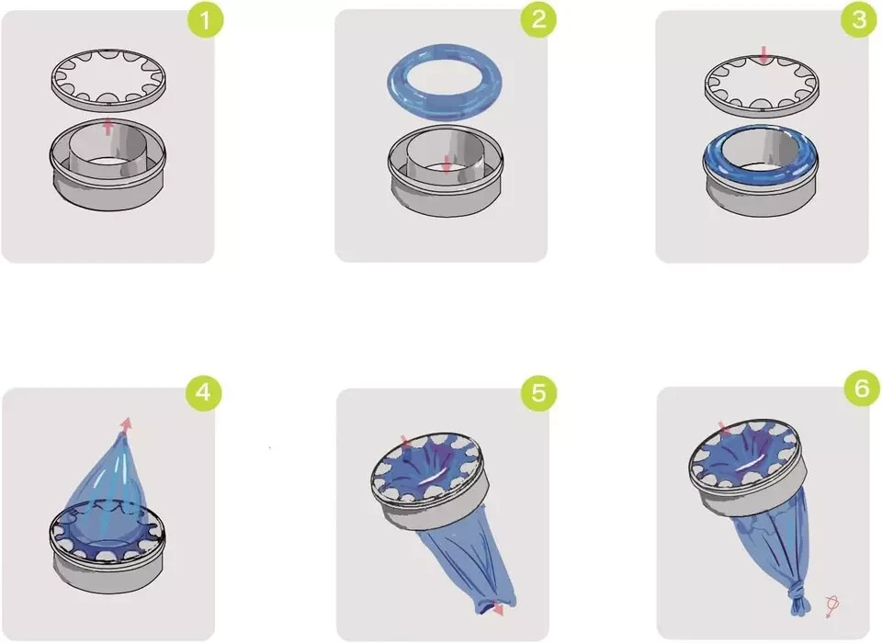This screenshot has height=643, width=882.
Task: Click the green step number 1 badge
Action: [x=205, y=20]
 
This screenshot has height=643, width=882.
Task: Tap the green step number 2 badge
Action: [x=539, y=19]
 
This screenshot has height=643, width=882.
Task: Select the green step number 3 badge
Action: [x=859, y=19]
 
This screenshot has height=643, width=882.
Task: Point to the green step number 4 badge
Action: [x=204, y=391]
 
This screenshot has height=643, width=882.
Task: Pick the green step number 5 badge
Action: [x=539, y=392]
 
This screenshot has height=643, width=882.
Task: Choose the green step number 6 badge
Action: [x=862, y=388]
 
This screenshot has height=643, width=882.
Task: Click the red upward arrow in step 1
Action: [x=108, y=127]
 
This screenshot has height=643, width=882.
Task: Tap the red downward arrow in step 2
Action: [x=447, y=164]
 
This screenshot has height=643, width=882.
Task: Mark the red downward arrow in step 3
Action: [x=763, y=55]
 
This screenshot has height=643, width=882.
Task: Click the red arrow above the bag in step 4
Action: [x=127, y=424]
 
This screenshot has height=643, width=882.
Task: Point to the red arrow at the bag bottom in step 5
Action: [x=497, y=610]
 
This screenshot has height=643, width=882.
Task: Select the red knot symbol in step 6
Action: [x=832, y=607]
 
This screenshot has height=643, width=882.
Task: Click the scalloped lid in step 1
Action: [x=109, y=100]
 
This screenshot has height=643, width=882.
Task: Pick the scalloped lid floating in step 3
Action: [x=763, y=104]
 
